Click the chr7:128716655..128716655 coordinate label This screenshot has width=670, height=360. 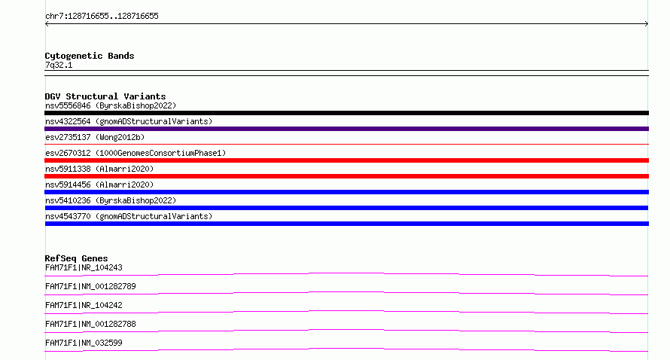[x=102, y=17]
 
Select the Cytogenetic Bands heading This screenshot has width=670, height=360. [x=90, y=56]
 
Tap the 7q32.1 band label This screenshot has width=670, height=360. [x=59, y=65]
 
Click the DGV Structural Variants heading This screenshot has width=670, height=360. [x=105, y=96]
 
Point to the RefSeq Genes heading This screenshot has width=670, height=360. [x=76, y=258]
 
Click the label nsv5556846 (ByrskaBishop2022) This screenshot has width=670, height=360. [x=111, y=105]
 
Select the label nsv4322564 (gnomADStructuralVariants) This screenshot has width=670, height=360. [x=129, y=121]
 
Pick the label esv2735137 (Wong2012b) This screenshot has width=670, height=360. [x=95, y=137]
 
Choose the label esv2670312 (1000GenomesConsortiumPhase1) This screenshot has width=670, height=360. [x=136, y=153]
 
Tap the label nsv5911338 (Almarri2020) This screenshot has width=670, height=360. [x=99, y=169]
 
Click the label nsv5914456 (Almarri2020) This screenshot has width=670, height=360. [x=99, y=185]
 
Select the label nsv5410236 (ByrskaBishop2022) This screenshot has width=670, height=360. [x=111, y=200]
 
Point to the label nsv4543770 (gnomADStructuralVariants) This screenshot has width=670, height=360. [x=129, y=216]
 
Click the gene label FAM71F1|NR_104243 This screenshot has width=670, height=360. [x=84, y=267]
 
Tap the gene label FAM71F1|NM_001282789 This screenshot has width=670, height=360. [x=90, y=286]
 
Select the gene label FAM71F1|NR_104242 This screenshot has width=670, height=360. [x=84, y=305]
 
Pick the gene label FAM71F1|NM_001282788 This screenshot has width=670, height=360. [x=90, y=324]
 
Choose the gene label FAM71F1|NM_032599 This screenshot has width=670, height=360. [x=84, y=343]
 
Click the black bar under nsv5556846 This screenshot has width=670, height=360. [x=346, y=113]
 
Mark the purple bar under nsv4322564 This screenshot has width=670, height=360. [x=346, y=129]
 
